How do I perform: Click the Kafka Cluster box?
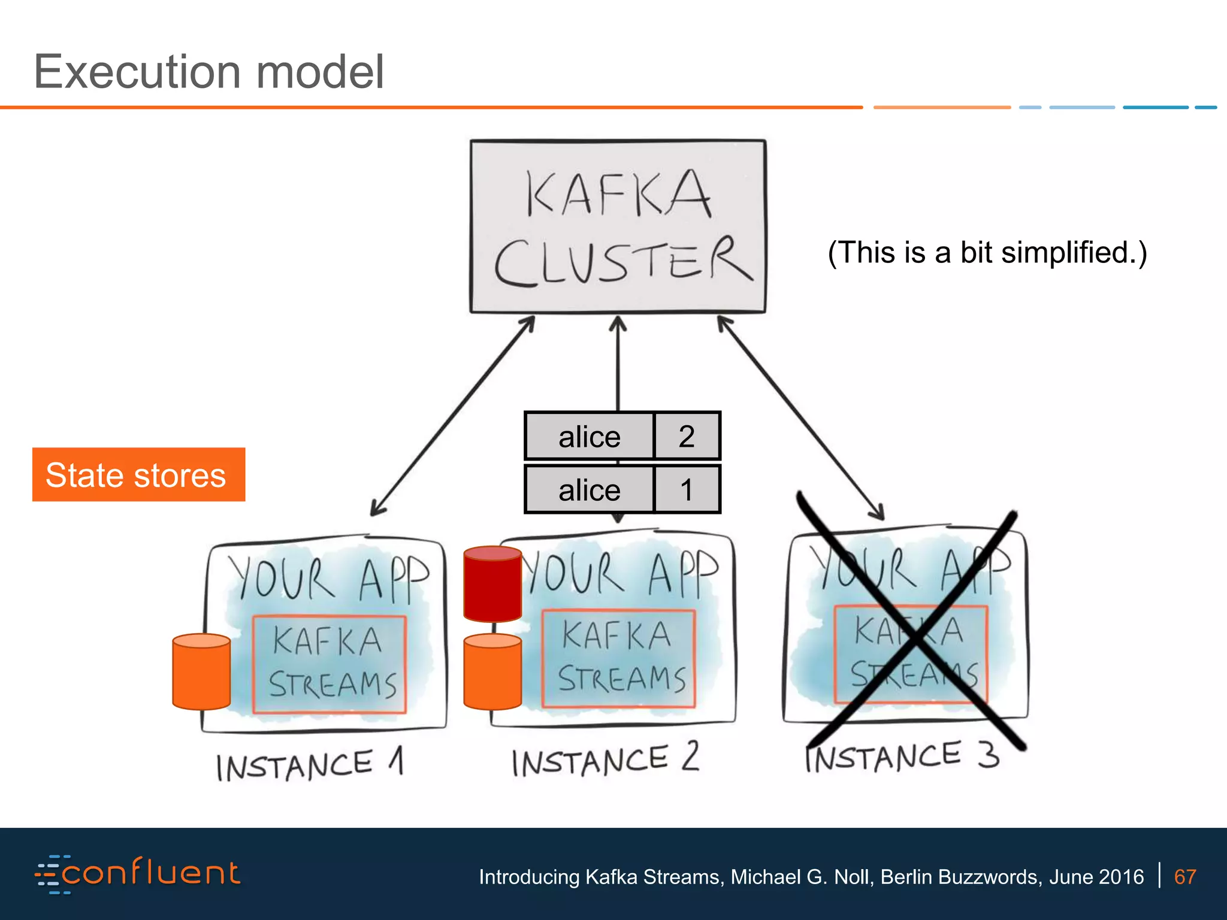618,226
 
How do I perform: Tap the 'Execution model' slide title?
208,72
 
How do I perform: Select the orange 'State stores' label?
138,474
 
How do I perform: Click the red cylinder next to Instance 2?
492,584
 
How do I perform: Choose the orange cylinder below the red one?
492,672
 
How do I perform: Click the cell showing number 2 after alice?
687,436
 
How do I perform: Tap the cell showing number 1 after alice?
687,489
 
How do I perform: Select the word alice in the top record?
589,437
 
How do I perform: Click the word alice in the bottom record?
589,490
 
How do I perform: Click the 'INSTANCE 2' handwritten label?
605,759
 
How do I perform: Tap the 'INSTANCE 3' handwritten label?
902,756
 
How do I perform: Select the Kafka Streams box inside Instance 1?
329,664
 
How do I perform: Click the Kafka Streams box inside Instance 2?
618,658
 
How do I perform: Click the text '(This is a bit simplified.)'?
987,252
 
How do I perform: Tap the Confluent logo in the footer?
138,874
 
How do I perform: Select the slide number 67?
1184,877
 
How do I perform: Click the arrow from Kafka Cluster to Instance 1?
452,416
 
